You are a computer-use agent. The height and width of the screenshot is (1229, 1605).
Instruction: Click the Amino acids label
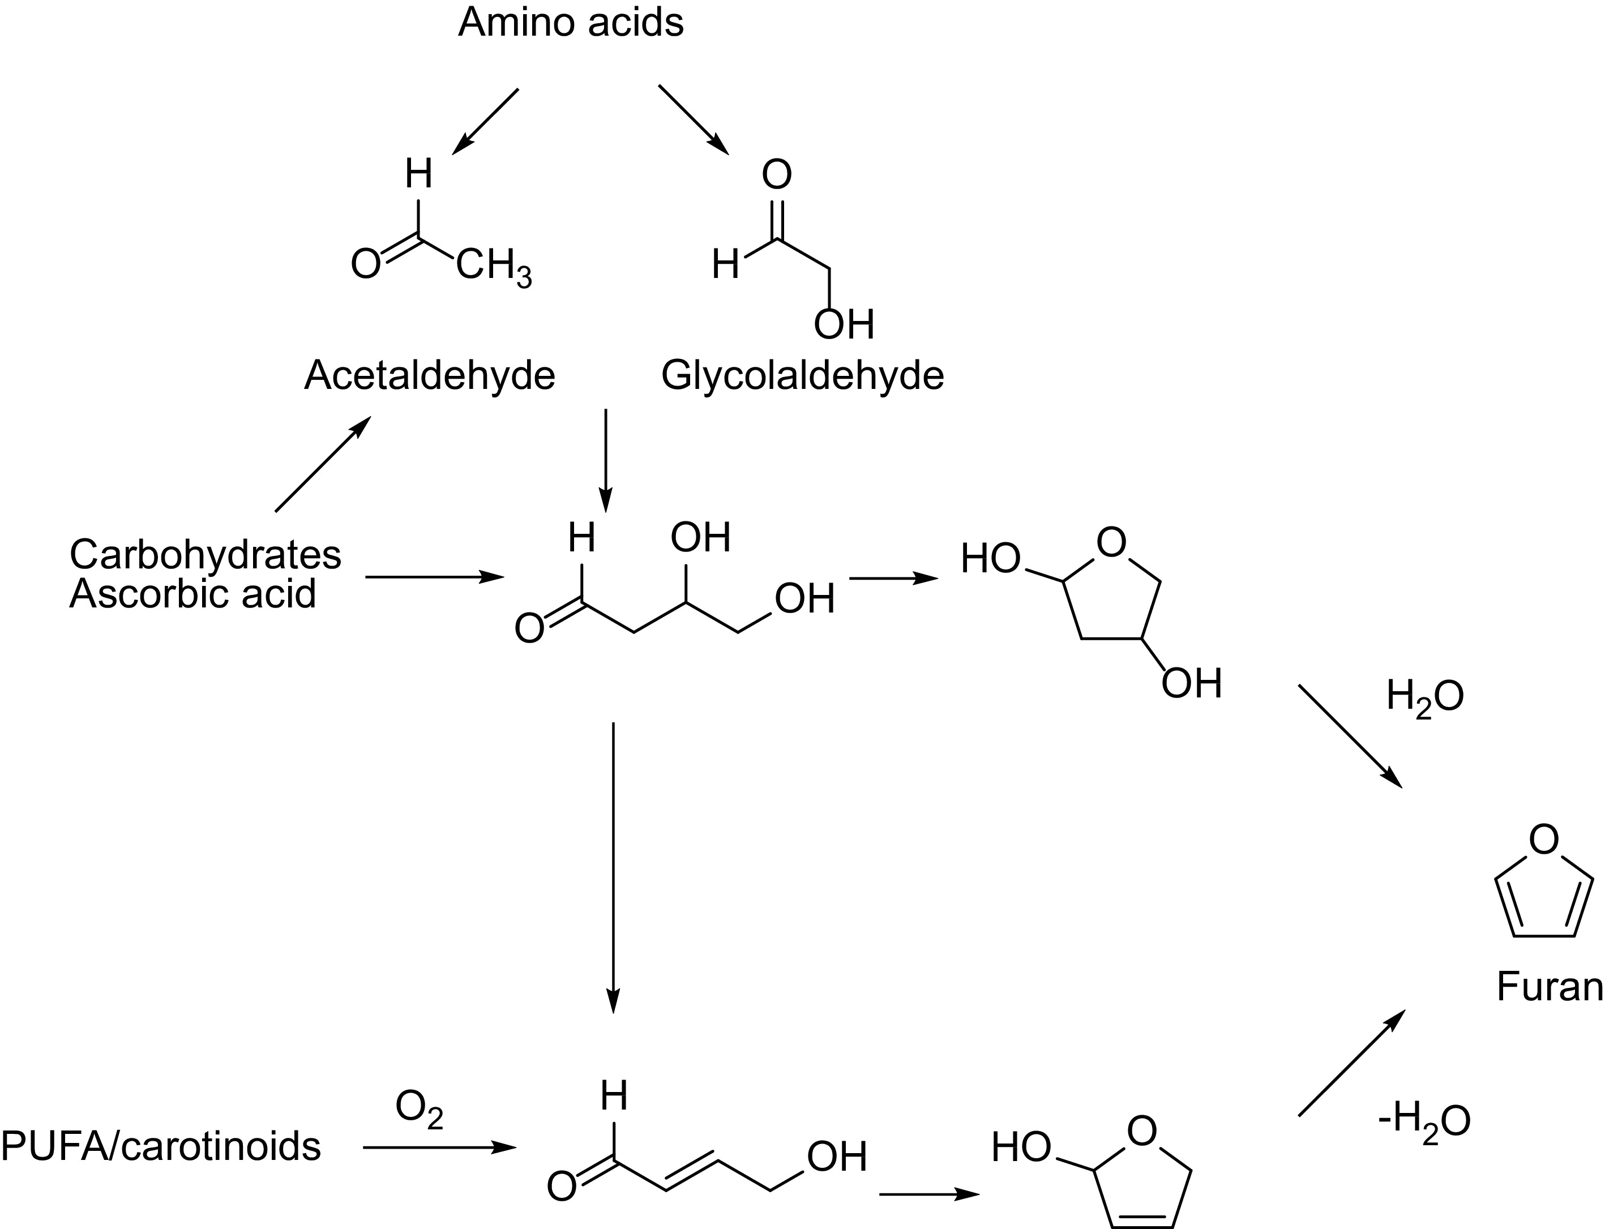coord(571,23)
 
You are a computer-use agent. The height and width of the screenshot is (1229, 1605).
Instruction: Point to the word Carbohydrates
coord(205,555)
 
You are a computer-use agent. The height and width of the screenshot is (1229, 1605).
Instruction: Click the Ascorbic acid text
coord(192,594)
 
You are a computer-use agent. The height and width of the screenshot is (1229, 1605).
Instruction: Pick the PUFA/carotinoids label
coord(161,1146)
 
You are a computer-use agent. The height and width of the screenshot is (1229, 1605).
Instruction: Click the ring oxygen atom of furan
coord(1543,840)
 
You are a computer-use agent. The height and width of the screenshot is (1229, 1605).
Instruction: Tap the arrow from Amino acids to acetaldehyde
coord(485,122)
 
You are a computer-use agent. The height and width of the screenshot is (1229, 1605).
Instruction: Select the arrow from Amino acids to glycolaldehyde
coord(694,119)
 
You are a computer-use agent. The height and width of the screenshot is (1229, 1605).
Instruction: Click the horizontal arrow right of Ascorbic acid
coord(435,577)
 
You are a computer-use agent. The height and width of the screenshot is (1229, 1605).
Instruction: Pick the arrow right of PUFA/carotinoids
coord(439,1148)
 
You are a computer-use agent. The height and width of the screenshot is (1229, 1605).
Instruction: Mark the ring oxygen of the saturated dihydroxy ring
coord(1111,543)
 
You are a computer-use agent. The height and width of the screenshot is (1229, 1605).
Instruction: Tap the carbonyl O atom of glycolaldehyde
coord(776,175)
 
